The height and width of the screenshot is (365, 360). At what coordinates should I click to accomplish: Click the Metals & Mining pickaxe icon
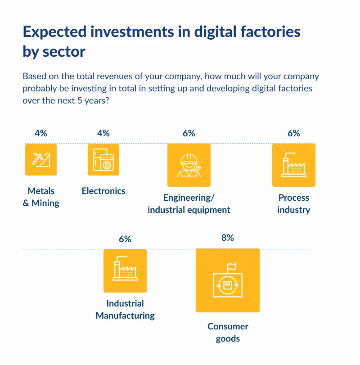coord(41,159)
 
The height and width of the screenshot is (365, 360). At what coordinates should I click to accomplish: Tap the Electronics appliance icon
coord(103,159)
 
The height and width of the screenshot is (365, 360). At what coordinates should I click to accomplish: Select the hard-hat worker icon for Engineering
coord(189,165)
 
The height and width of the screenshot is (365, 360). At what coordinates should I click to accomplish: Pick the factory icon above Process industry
coord(293,165)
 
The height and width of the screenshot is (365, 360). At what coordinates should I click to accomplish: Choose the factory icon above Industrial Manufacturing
coord(125,270)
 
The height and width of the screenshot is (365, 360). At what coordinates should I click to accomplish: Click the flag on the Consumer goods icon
coord(231,268)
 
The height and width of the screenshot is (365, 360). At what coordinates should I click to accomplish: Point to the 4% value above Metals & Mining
coord(41,133)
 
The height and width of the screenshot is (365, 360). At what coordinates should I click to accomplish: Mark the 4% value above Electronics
coord(103,133)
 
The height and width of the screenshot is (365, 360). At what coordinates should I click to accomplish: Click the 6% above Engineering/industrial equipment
coord(189,133)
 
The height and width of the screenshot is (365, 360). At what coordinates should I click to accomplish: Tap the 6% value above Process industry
coord(293,133)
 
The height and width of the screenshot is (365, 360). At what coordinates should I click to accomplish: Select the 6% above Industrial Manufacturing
coord(125,239)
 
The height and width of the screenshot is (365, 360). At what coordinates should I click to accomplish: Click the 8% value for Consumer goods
coord(227,238)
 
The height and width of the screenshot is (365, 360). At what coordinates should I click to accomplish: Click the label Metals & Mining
coord(41,197)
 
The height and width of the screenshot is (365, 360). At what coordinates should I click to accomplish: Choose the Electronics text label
coord(103,191)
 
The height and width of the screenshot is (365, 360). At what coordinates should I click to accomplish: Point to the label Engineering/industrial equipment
coord(189,204)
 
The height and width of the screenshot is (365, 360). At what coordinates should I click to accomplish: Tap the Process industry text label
coord(293,204)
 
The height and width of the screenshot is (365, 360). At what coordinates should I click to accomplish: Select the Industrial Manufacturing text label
coord(125,310)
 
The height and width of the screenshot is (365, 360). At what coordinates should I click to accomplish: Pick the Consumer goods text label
coord(227,333)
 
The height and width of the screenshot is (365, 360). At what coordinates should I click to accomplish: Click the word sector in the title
coord(63,52)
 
